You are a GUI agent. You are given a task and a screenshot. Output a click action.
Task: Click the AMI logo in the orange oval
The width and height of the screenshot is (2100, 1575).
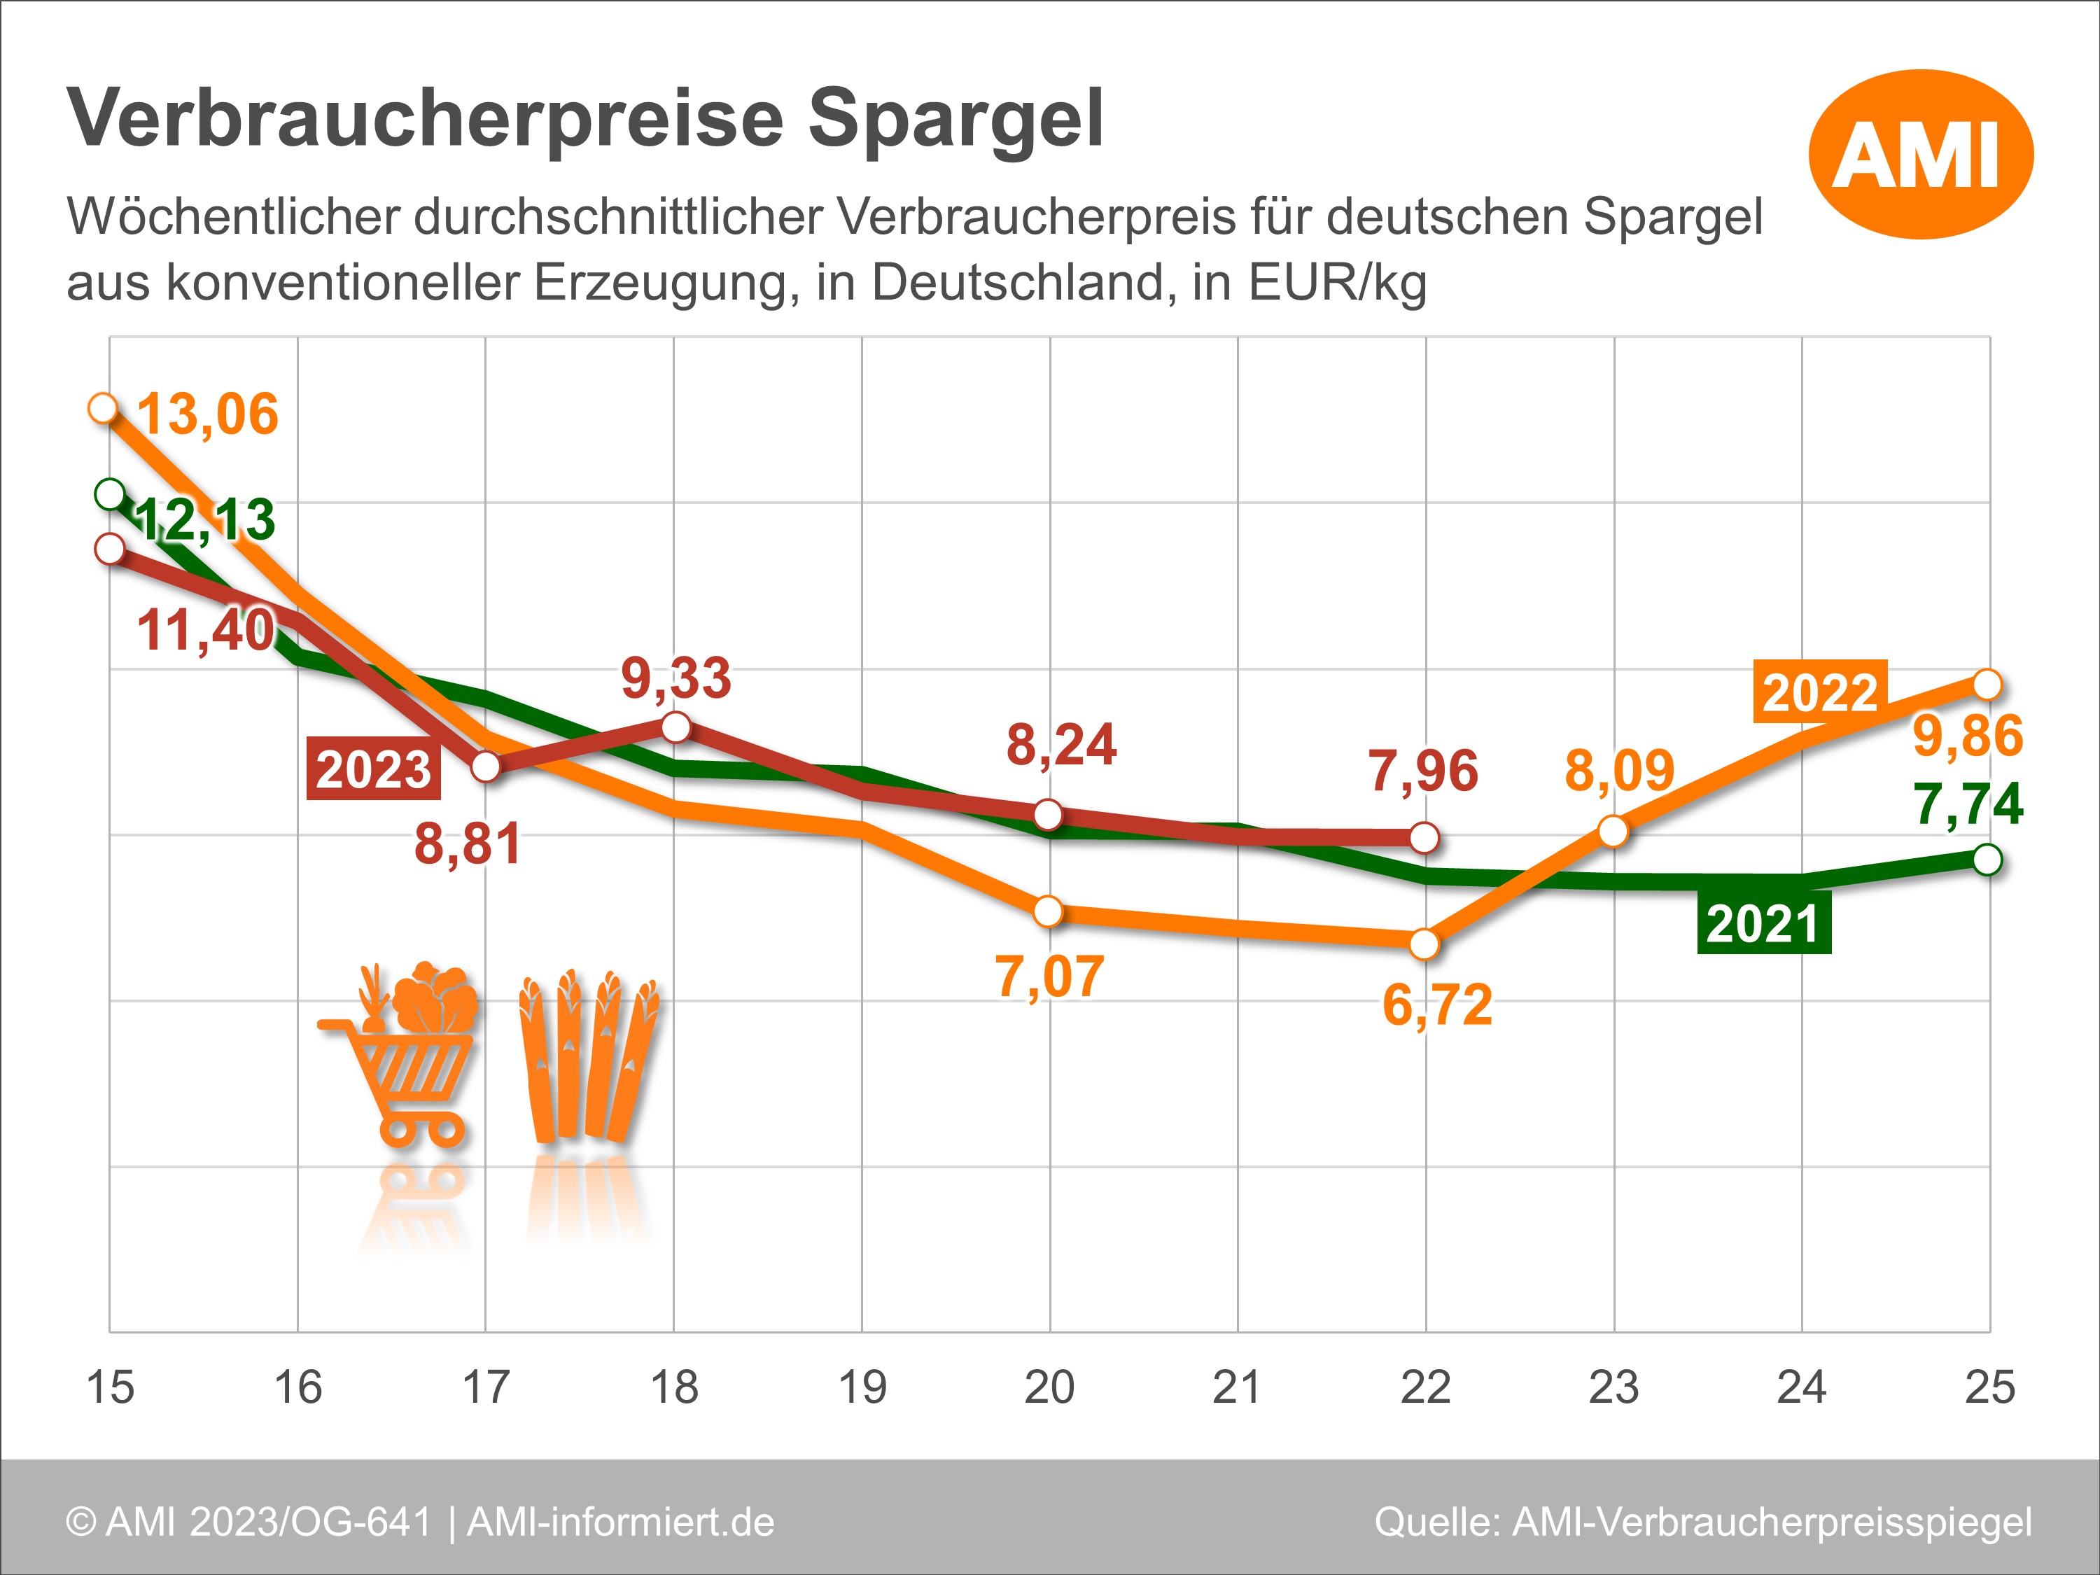1919,154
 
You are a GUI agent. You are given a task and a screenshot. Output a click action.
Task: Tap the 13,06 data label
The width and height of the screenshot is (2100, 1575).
208,415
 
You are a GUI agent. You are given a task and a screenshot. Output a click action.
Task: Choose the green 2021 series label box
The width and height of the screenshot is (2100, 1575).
1763,923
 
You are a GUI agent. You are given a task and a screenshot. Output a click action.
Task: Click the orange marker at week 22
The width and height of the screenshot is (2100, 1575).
1424,944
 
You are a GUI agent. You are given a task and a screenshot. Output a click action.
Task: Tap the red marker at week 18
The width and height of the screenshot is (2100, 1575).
675,728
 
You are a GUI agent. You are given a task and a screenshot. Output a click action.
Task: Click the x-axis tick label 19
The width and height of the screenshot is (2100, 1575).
862,1388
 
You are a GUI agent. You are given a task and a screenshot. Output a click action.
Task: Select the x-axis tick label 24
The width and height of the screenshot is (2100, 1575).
1801,1388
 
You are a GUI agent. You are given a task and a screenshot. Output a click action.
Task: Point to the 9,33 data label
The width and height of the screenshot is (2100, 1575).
676,678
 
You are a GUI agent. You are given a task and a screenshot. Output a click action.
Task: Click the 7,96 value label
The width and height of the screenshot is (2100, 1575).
1423,771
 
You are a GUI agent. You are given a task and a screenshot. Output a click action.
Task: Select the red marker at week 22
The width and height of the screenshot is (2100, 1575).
1424,837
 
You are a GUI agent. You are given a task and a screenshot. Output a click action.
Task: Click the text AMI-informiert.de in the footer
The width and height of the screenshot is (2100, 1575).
621,1522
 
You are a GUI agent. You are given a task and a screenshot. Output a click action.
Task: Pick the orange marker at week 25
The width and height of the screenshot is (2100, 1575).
1987,683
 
